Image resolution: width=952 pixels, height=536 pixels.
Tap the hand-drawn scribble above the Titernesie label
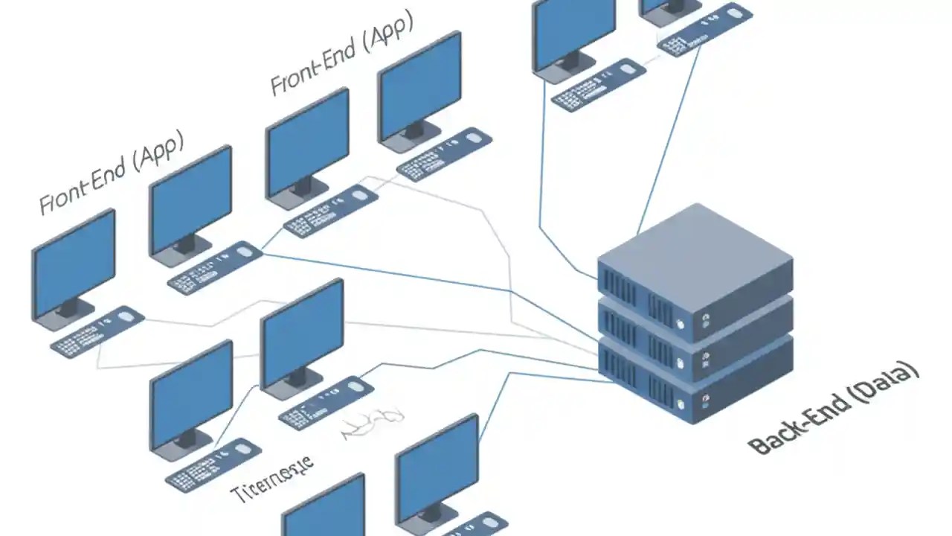point(372,424)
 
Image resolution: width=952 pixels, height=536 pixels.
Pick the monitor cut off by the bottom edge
point(324,510)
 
